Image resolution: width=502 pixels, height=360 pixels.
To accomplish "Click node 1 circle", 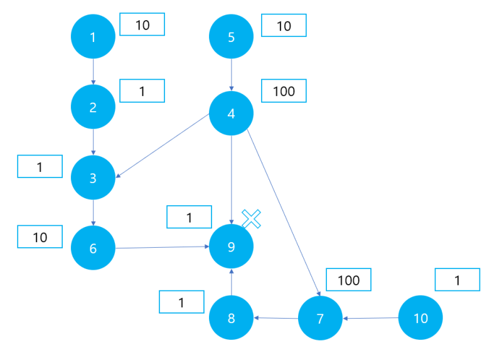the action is click(x=93, y=36).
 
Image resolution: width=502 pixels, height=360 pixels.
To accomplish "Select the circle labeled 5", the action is click(x=231, y=36).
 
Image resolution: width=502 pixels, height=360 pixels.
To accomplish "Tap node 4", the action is click(x=231, y=114).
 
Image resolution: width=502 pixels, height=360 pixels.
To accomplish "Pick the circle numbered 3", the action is click(x=93, y=177).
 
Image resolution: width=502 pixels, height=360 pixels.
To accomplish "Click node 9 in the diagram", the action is click(x=231, y=246).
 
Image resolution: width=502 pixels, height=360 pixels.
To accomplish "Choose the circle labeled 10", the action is click(x=420, y=318).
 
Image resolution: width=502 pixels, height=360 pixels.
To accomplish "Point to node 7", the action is click(x=320, y=318).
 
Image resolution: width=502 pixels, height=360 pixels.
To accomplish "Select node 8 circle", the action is click(x=231, y=318).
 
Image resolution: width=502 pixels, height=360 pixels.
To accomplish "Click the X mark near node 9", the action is click(x=252, y=219).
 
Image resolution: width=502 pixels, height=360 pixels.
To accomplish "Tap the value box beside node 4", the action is click(x=284, y=91).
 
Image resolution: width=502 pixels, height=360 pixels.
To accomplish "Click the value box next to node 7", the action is click(x=348, y=280).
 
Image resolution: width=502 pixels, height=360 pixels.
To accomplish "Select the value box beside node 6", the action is click(x=40, y=237).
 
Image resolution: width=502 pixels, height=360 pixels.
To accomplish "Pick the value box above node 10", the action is click(x=457, y=280).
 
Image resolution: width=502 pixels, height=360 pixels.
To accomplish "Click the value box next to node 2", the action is click(x=142, y=91).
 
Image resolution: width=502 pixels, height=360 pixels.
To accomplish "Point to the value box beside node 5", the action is click(x=284, y=25).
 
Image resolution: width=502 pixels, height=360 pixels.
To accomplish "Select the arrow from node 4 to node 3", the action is click(x=163, y=146).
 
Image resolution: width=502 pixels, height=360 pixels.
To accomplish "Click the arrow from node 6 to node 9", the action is click(x=163, y=247).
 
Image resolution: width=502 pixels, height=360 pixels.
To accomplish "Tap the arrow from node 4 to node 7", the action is click(x=284, y=213).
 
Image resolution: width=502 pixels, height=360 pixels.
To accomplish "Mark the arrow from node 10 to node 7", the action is click(x=370, y=318).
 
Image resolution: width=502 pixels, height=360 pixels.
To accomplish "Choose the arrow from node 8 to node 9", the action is click(x=232, y=282).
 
